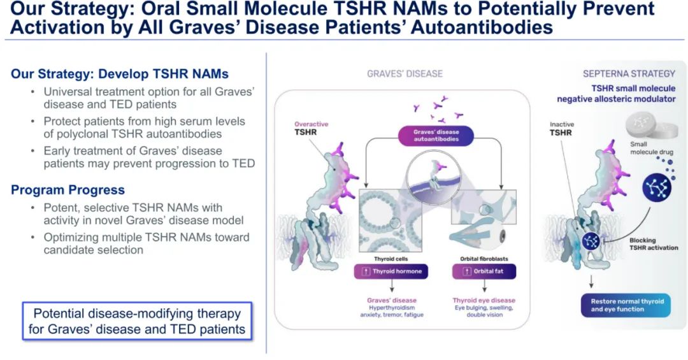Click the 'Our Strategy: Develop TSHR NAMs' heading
point(120,73)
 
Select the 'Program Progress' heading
point(68,190)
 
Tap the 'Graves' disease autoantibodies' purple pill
point(436,136)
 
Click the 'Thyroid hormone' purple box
point(391,271)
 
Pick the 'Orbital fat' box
point(484,271)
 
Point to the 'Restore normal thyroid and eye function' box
point(626,305)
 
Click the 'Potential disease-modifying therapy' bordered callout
point(137,321)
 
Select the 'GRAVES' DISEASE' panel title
point(405,74)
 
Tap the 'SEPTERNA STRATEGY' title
point(629,74)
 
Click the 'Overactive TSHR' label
point(311,128)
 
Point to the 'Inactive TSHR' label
point(562,128)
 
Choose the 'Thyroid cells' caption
point(391,259)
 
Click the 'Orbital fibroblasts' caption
point(484,259)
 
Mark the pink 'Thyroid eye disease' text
point(484,300)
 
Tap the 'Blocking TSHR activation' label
point(654,243)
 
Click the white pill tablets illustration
point(649,125)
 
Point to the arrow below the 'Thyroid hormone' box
point(391,286)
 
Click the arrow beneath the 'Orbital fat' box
point(484,286)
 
